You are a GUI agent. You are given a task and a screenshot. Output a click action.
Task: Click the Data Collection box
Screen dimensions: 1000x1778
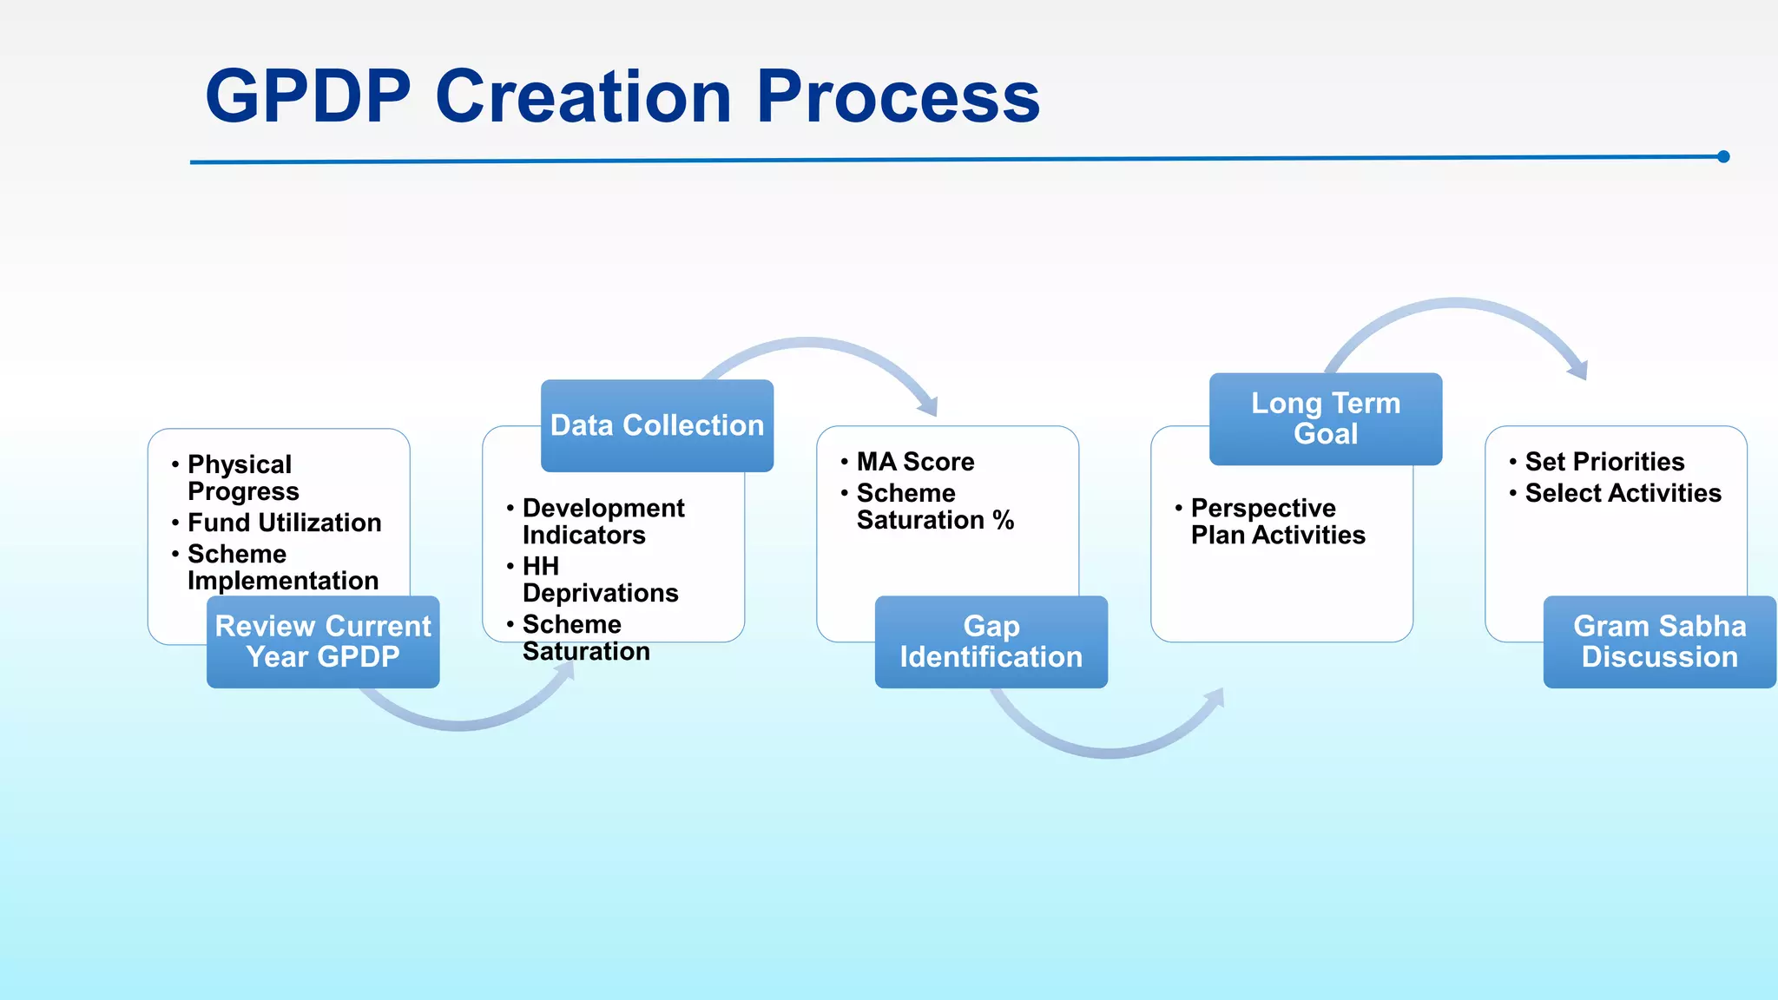coord(657,425)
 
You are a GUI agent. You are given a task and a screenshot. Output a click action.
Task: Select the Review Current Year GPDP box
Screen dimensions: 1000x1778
coord(323,641)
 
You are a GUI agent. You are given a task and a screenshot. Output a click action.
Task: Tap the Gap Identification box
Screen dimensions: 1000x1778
coord(991,641)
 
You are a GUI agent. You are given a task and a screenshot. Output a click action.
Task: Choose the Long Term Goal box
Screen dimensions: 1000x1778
coord(1326,418)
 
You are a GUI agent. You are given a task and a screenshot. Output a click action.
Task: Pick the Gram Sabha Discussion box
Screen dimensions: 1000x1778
coord(1659,641)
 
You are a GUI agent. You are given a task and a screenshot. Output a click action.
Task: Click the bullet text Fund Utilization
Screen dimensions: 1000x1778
coord(284,523)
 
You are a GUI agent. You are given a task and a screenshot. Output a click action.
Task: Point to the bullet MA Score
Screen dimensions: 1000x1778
coord(915,462)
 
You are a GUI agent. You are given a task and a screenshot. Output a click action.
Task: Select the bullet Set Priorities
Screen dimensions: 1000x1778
coord(1604,462)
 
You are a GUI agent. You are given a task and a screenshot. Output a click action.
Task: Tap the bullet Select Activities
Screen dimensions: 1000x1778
coord(1623,493)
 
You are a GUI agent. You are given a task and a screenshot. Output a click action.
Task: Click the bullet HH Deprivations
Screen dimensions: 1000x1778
coord(600,579)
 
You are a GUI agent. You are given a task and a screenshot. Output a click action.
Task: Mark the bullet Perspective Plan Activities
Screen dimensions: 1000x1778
coord(1277,521)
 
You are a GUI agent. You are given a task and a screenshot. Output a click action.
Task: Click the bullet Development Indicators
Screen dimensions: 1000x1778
coord(603,521)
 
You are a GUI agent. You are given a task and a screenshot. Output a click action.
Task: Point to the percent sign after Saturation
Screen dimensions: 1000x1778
coord(1004,520)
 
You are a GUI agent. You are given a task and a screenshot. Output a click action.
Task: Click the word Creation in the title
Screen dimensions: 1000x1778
coord(583,96)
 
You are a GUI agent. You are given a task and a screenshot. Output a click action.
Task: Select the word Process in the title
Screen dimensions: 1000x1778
coord(898,96)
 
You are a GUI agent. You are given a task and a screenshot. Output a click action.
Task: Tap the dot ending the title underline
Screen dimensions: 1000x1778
coord(1723,157)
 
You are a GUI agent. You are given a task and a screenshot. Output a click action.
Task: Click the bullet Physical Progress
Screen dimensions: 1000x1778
coord(242,477)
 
